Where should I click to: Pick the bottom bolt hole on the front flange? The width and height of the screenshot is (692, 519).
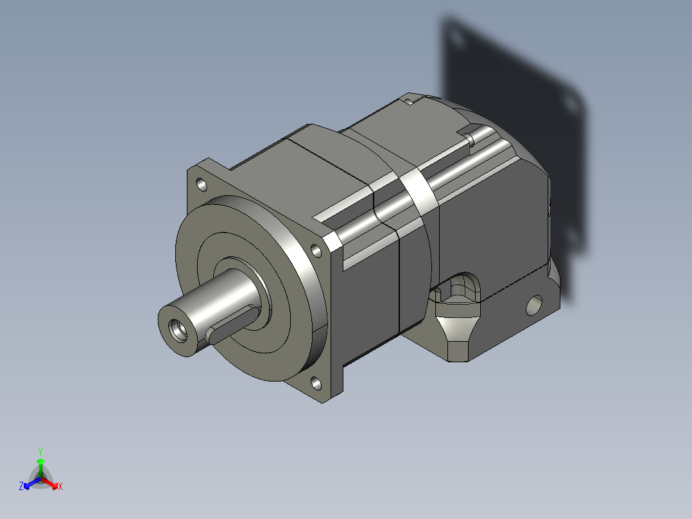[x=316, y=384]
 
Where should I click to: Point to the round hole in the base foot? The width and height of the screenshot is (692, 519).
[x=534, y=304]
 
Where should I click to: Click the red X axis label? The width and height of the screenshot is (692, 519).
[x=60, y=487]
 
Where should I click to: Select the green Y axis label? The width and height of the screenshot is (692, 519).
[x=40, y=451]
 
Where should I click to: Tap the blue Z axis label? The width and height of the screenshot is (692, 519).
[x=21, y=487]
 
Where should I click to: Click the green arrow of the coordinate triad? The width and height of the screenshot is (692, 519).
[x=40, y=464]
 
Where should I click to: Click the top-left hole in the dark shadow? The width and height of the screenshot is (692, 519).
[x=456, y=38]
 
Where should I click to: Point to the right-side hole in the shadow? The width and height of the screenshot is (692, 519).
[x=567, y=103]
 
